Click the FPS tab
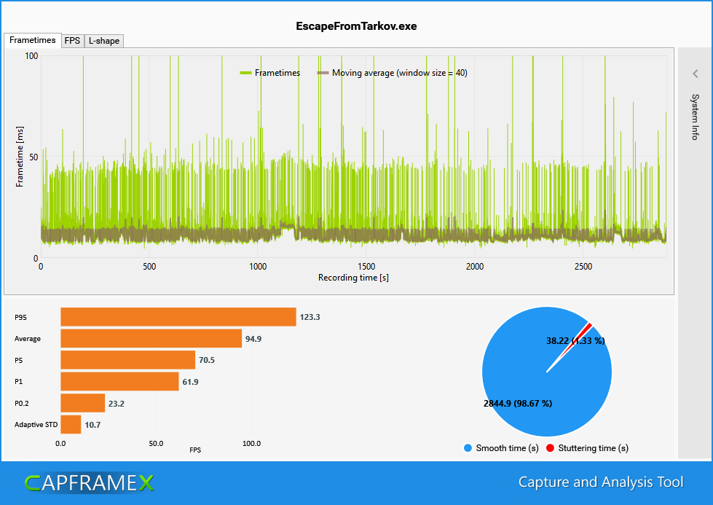coord(72,41)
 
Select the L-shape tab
coord(104,41)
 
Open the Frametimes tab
coord(32,40)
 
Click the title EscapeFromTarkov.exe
coord(356,26)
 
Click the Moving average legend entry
coord(393,73)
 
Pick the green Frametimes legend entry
coord(270,73)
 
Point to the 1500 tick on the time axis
coord(366,267)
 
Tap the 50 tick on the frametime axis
coord(32,157)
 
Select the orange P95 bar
coord(178,317)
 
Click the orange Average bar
coord(151,339)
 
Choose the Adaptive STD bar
coord(71,424)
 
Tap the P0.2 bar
coord(82,403)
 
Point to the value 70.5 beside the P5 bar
coord(208,360)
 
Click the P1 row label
coord(19,382)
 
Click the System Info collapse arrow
coord(696,74)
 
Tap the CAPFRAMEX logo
coord(89,482)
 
